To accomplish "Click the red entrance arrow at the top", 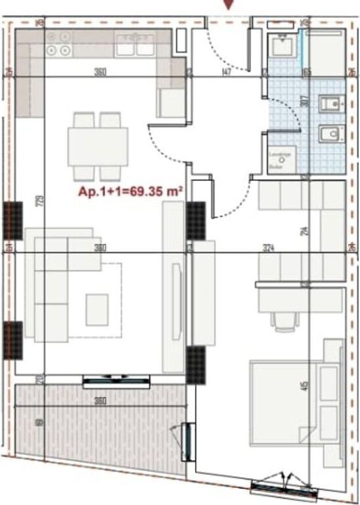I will pyautogui.click(x=228, y=5).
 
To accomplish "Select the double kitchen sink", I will pyautogui.click(x=134, y=47).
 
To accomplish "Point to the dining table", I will pyautogui.click(x=97, y=146).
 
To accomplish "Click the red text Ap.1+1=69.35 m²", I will pyautogui.click(x=129, y=193).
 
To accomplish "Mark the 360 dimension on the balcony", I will pyautogui.click(x=100, y=400).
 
